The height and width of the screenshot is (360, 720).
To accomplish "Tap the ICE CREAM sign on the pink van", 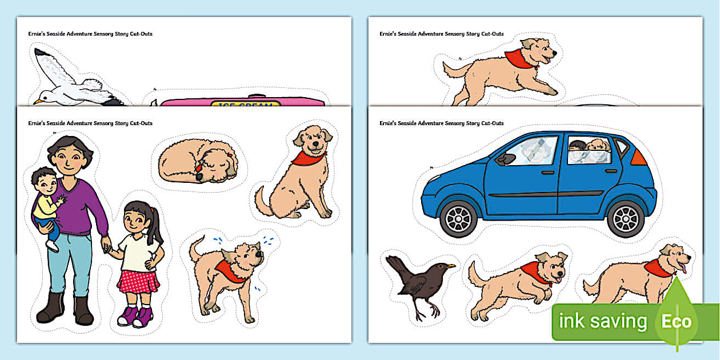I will [245, 105].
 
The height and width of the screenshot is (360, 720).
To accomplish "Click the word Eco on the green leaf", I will [677, 321].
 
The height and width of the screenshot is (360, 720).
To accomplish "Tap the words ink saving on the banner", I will [603, 322].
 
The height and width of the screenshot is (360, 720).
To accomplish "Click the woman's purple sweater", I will [83, 206].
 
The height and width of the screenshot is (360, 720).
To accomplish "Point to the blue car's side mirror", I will [503, 160].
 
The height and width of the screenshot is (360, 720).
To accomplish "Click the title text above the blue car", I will [442, 123].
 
